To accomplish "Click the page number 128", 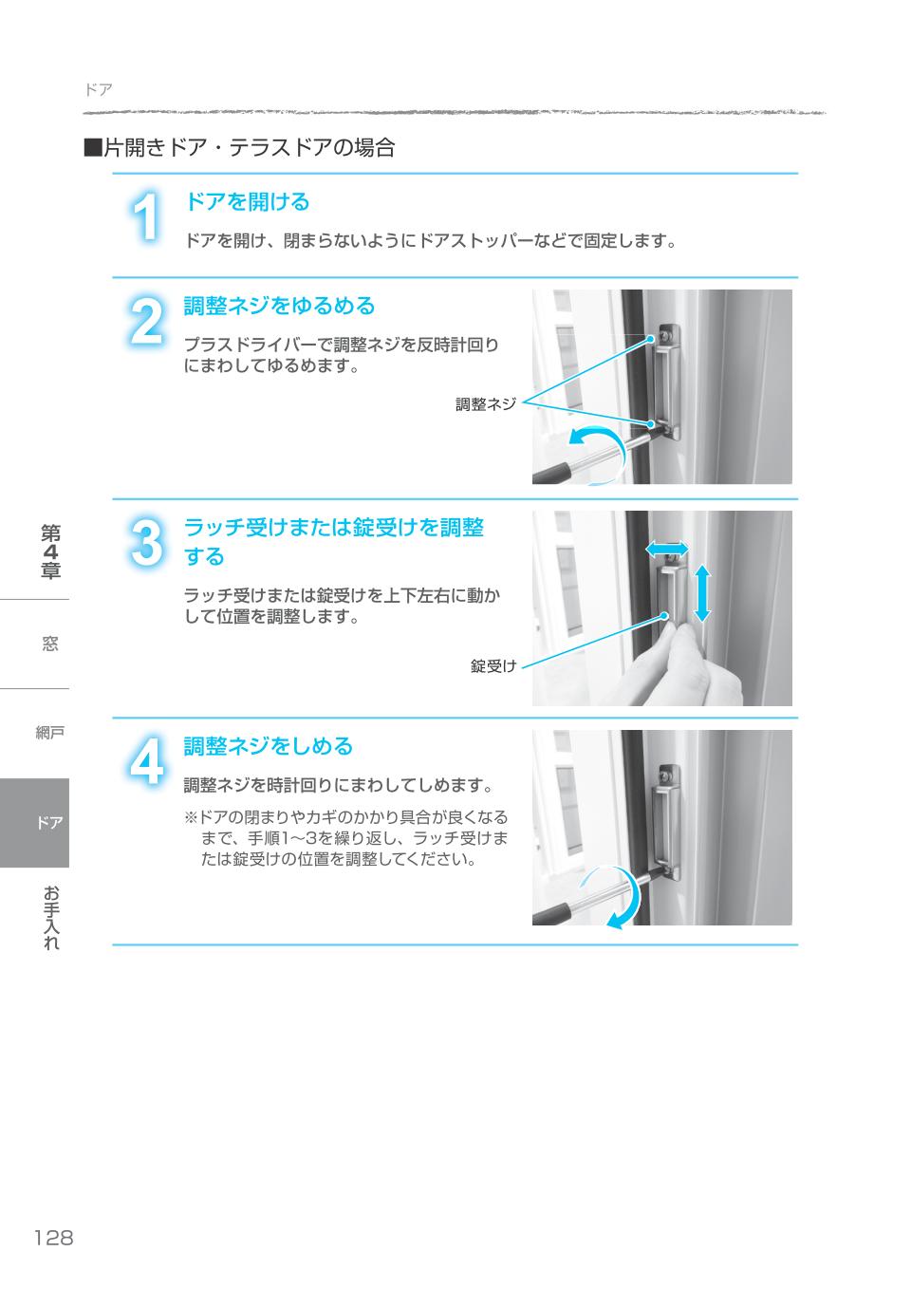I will click(53, 1238).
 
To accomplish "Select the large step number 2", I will click(145, 323).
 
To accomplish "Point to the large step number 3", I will click(145, 545).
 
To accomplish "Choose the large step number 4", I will click(145, 762).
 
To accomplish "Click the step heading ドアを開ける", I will click(247, 202).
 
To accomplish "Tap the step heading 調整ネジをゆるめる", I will click(279, 307).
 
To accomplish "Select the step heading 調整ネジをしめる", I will click(268, 747).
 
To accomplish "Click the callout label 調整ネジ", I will click(485, 404).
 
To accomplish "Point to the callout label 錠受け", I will click(493, 666).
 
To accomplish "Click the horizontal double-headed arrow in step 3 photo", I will click(667, 548).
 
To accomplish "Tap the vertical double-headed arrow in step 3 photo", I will click(701, 592).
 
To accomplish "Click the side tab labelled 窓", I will click(50, 644).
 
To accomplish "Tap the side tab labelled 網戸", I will click(50, 733).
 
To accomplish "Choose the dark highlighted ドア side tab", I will click(35, 823).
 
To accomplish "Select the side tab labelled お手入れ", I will click(50, 917).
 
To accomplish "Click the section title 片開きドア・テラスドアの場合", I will click(239, 148).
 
